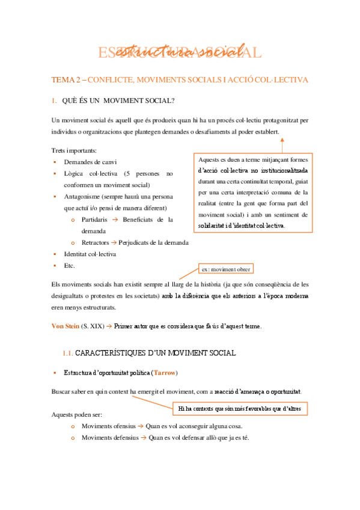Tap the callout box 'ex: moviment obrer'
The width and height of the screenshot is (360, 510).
pos(226,269)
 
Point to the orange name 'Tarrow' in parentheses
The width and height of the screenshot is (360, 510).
pos(164,372)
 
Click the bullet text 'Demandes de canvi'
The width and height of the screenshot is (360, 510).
pos(90,162)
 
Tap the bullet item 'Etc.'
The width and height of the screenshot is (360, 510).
pos(69,265)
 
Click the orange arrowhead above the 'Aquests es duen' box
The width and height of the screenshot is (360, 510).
pos(282,140)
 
